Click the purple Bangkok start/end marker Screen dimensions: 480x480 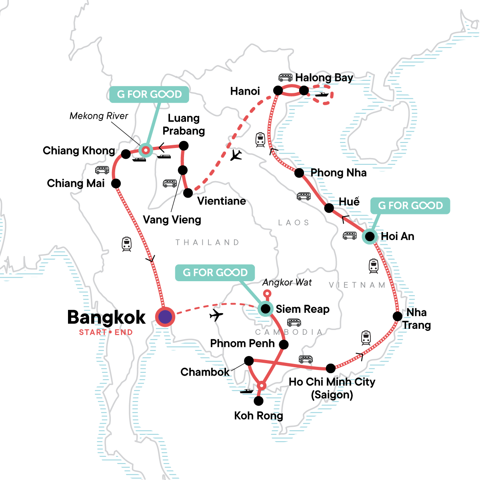(165, 317)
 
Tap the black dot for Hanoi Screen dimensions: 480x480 (278, 91)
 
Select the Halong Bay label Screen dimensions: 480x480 (324, 78)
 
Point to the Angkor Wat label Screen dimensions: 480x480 (287, 282)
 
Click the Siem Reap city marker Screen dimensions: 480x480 (265, 309)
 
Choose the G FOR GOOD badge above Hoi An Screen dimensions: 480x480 (410, 206)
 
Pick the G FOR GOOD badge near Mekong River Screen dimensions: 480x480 (149, 94)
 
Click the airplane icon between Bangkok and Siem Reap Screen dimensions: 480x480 (216, 315)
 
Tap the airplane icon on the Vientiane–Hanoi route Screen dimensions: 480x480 (236, 155)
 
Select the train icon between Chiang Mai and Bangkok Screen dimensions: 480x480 (127, 244)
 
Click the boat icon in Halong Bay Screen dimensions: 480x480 (322, 95)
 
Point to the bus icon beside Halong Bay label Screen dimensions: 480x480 (285, 78)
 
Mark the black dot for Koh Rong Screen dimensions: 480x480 (259, 400)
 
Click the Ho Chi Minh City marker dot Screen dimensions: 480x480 (331, 368)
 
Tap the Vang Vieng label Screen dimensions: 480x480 (172, 220)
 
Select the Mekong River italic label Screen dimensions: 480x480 (99, 116)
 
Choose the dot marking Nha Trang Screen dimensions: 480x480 (397, 316)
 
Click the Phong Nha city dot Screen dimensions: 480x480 (299, 173)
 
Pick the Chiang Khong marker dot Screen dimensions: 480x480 (126, 154)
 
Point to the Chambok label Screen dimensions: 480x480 (205, 372)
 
